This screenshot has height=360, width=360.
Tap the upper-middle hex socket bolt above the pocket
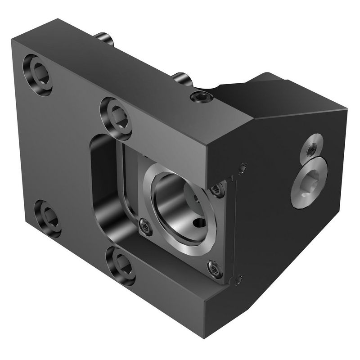coord(116,113)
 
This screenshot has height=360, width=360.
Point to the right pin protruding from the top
coord(182,80)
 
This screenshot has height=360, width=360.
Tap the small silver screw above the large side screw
coord(310,149)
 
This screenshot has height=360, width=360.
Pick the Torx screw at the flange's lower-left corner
coord(143,224)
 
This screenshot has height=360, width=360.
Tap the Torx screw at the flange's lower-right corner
coord(214,269)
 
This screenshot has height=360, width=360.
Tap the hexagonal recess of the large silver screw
coord(308,184)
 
